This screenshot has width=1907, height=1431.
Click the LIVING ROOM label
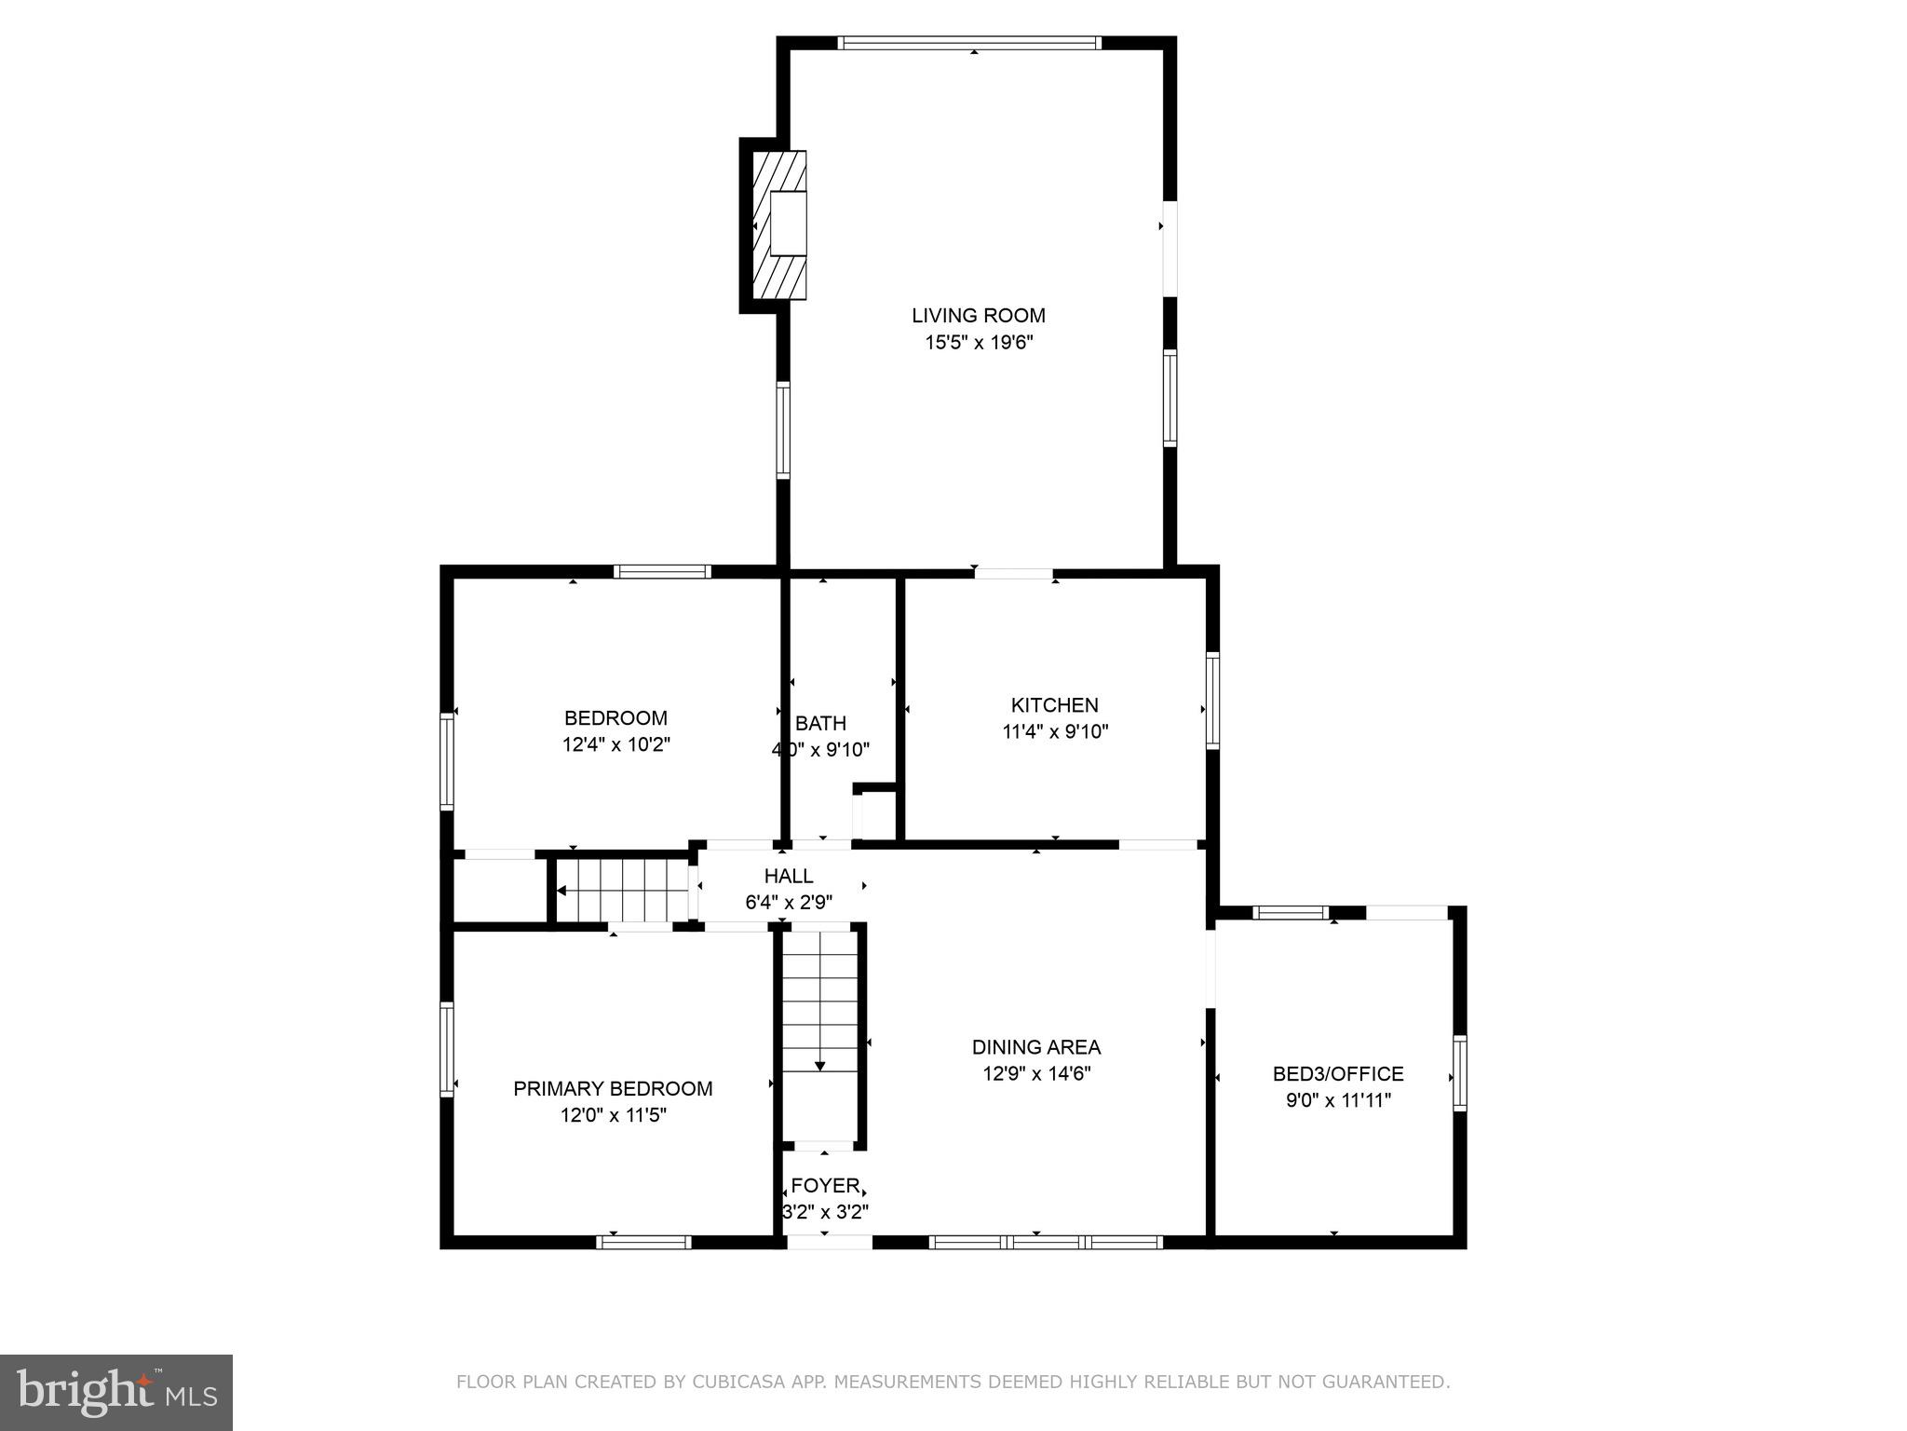click(x=978, y=316)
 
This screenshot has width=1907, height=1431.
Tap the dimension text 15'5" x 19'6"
click(x=978, y=343)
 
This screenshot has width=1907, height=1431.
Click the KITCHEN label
click(x=1054, y=705)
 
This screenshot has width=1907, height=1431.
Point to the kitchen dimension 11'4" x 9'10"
click(x=1054, y=732)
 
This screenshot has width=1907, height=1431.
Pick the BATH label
click(x=820, y=723)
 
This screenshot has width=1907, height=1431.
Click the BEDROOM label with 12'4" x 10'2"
click(x=615, y=718)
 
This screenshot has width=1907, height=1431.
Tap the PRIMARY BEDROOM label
click(x=613, y=1088)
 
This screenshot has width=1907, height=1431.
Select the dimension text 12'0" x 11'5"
click(x=613, y=1115)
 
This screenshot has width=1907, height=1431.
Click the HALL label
click(x=789, y=876)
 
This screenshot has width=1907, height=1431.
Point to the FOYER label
click(x=825, y=1186)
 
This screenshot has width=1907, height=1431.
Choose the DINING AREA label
click(x=1035, y=1047)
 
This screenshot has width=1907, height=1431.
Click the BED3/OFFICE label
click(x=1337, y=1074)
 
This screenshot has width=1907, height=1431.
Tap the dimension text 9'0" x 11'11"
click(x=1337, y=1101)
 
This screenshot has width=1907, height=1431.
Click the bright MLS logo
click(x=115, y=1392)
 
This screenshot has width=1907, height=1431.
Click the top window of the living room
click(x=969, y=43)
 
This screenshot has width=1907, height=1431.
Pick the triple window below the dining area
click(x=1046, y=1241)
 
